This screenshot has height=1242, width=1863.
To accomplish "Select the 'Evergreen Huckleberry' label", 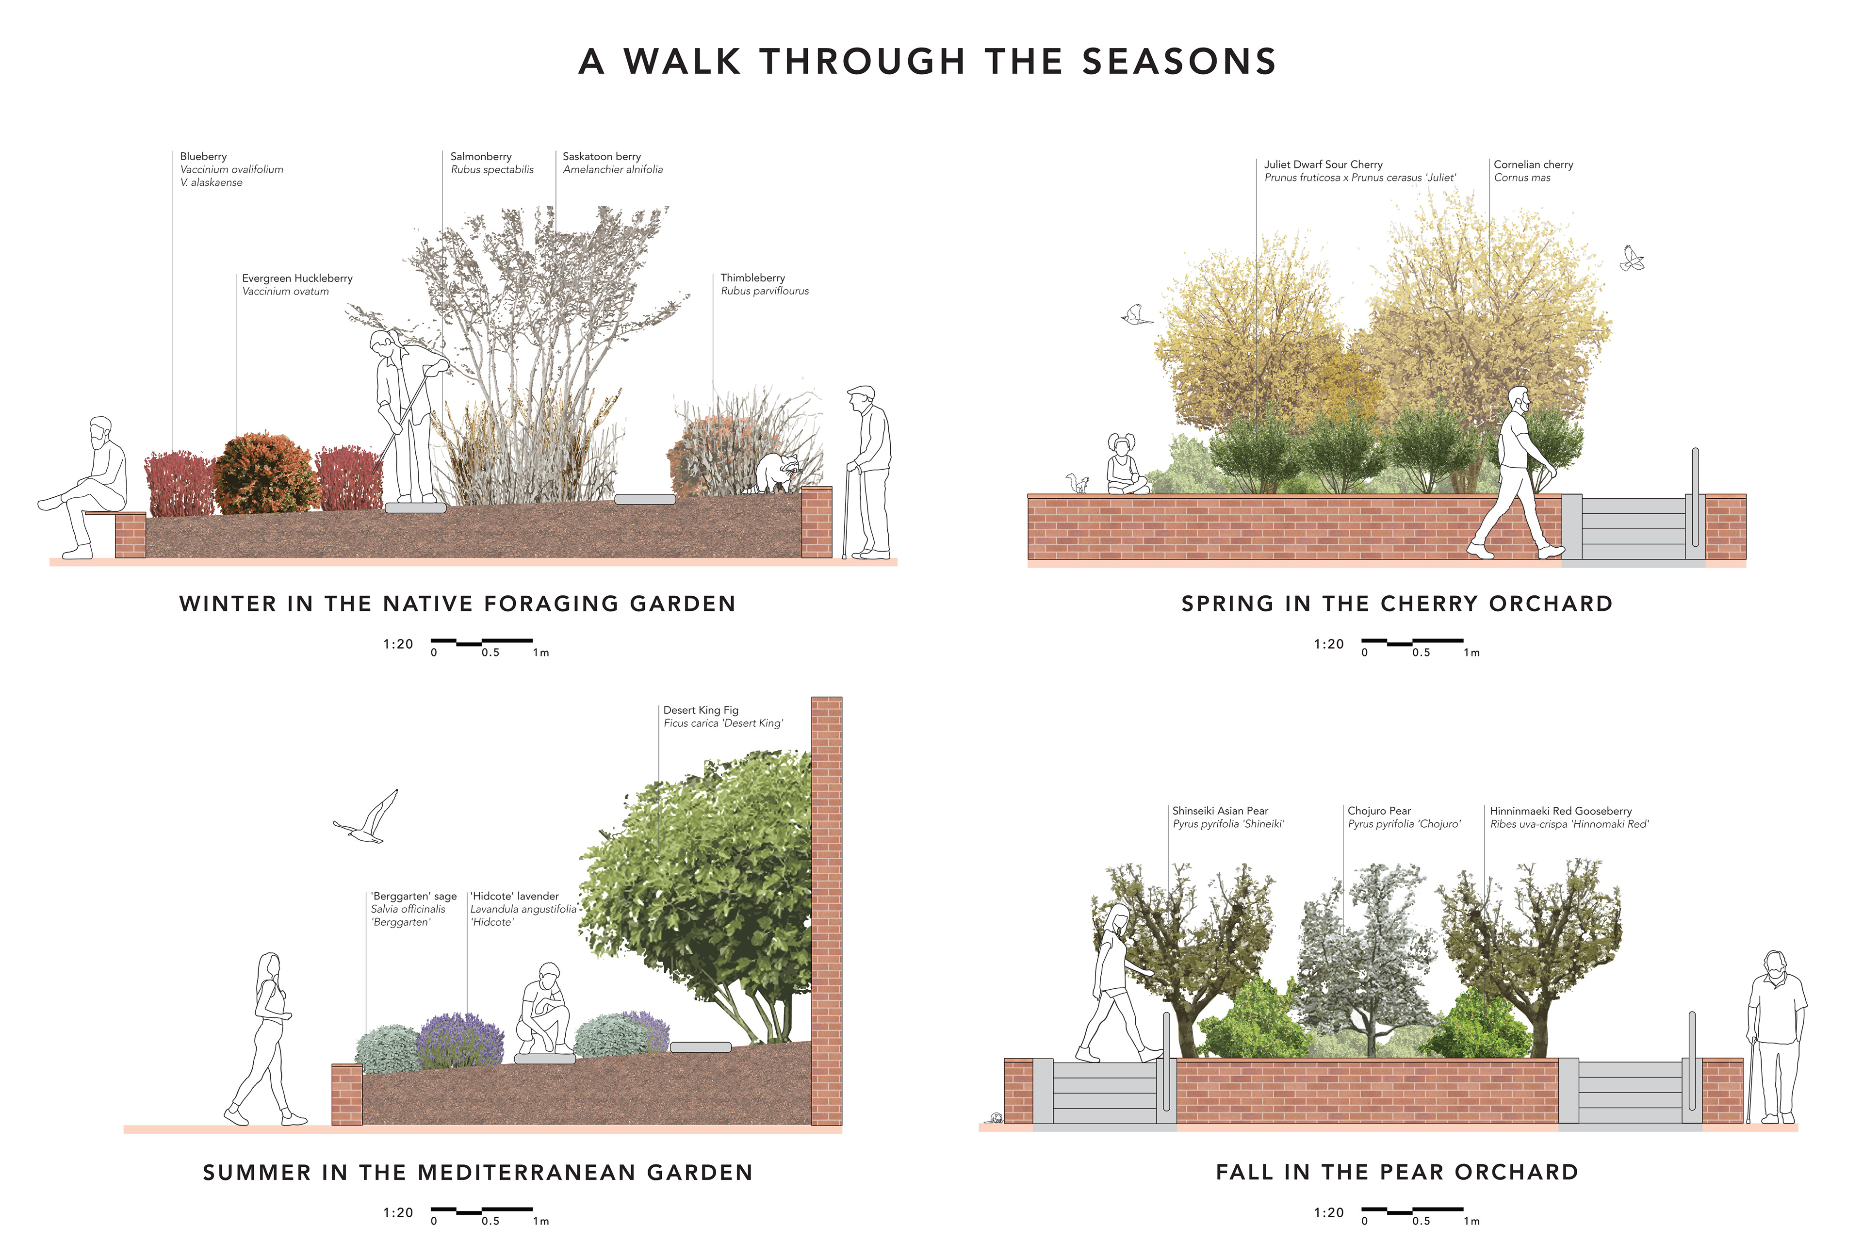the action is click(297, 279).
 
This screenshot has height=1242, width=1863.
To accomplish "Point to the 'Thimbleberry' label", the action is click(752, 278).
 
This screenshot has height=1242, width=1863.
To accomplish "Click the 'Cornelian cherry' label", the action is click(1533, 165).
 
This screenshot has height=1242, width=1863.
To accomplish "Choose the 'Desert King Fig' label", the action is click(700, 710).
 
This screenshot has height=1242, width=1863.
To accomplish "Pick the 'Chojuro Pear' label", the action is click(1379, 811).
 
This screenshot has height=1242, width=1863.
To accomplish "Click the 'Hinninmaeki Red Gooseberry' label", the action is click(1560, 811).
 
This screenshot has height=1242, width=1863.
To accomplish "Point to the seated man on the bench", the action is click(89, 483).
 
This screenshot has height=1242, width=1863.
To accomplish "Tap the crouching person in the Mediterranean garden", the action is click(545, 1010).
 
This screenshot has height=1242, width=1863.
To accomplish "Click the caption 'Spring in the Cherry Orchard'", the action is click(1396, 604).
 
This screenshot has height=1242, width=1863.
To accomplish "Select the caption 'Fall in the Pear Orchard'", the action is click(1396, 1172).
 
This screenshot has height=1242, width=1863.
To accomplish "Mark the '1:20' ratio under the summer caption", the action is click(398, 1213).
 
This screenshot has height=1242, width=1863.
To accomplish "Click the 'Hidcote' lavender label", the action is click(515, 897).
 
